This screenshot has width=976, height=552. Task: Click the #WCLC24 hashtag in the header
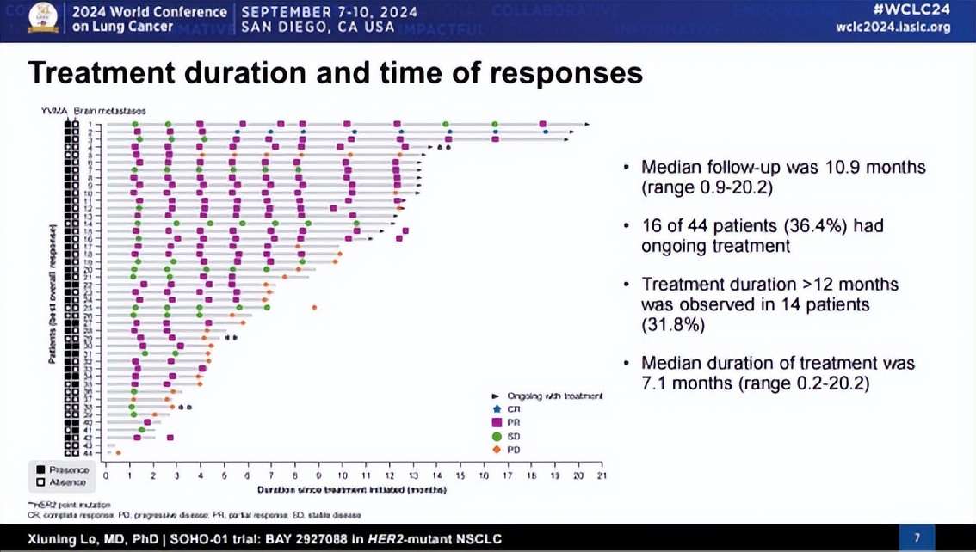tap(912, 10)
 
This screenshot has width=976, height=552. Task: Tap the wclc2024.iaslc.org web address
tap(893, 28)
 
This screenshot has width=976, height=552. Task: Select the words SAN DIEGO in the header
tap(279, 28)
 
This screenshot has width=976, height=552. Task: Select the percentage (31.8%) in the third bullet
tap(673, 325)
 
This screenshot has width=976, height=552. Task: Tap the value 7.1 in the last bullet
tap(657, 383)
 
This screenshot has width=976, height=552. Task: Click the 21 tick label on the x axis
tap(601, 475)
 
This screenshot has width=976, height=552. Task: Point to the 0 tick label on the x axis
tap(106, 475)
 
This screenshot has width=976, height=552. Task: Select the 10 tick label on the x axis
tap(342, 475)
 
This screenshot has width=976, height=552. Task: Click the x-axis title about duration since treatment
tap(351, 489)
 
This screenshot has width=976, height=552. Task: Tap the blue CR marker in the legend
tap(497, 409)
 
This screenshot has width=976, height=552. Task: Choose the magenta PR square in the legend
tap(497, 423)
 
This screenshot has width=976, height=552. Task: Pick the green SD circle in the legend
tap(497, 437)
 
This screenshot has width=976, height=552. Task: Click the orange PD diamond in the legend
tap(497, 450)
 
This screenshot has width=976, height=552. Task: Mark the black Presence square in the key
tap(40, 470)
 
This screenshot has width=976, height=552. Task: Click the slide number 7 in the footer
tap(917, 538)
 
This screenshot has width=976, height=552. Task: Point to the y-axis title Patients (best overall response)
tap(53, 293)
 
